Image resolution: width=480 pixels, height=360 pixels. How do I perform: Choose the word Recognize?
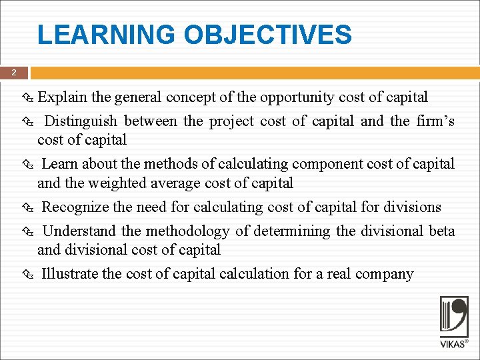77,207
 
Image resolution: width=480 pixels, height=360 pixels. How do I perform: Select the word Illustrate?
69,273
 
